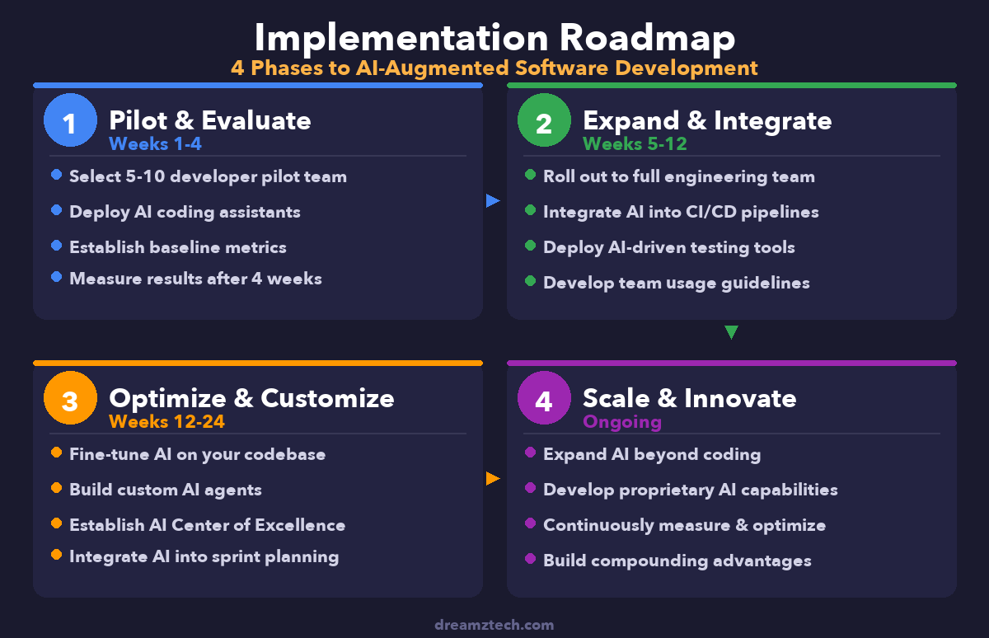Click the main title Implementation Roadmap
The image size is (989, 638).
[x=494, y=38]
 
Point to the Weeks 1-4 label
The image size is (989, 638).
[x=155, y=144]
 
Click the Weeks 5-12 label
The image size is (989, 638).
[x=635, y=144]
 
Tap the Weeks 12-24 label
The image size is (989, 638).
[x=166, y=422]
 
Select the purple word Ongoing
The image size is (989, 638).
[x=622, y=422]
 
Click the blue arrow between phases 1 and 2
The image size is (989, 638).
[x=493, y=200]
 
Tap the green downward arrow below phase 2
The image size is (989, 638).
[x=731, y=333]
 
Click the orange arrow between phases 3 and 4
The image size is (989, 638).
[x=493, y=478]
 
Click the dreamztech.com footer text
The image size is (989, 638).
[x=494, y=625]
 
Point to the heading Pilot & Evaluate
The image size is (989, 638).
[x=210, y=120]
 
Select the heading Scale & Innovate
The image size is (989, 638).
[x=690, y=398]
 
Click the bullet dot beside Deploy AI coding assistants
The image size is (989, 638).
[x=56, y=211]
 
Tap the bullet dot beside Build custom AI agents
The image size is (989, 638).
[x=56, y=488]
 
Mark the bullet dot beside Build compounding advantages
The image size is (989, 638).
[x=530, y=560]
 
